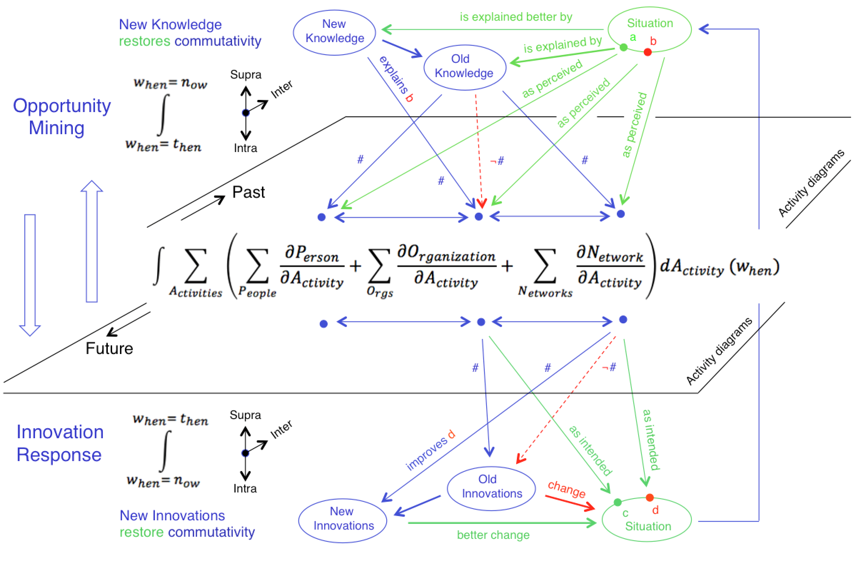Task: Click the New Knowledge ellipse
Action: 334,32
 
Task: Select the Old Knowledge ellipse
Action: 465,67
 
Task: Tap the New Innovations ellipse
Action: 343,520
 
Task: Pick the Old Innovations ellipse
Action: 491,488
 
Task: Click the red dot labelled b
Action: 648,52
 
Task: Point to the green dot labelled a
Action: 624,47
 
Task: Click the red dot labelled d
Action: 649,498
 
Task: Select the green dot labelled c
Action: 618,502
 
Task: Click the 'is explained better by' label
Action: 516,17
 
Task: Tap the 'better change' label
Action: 493,535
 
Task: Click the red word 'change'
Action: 567,489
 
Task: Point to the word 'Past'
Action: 248,192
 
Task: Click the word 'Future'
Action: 109,348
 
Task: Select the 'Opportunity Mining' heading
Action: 61,117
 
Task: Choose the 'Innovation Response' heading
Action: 60,443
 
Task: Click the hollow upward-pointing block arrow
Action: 92,241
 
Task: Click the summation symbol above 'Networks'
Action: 545,266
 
